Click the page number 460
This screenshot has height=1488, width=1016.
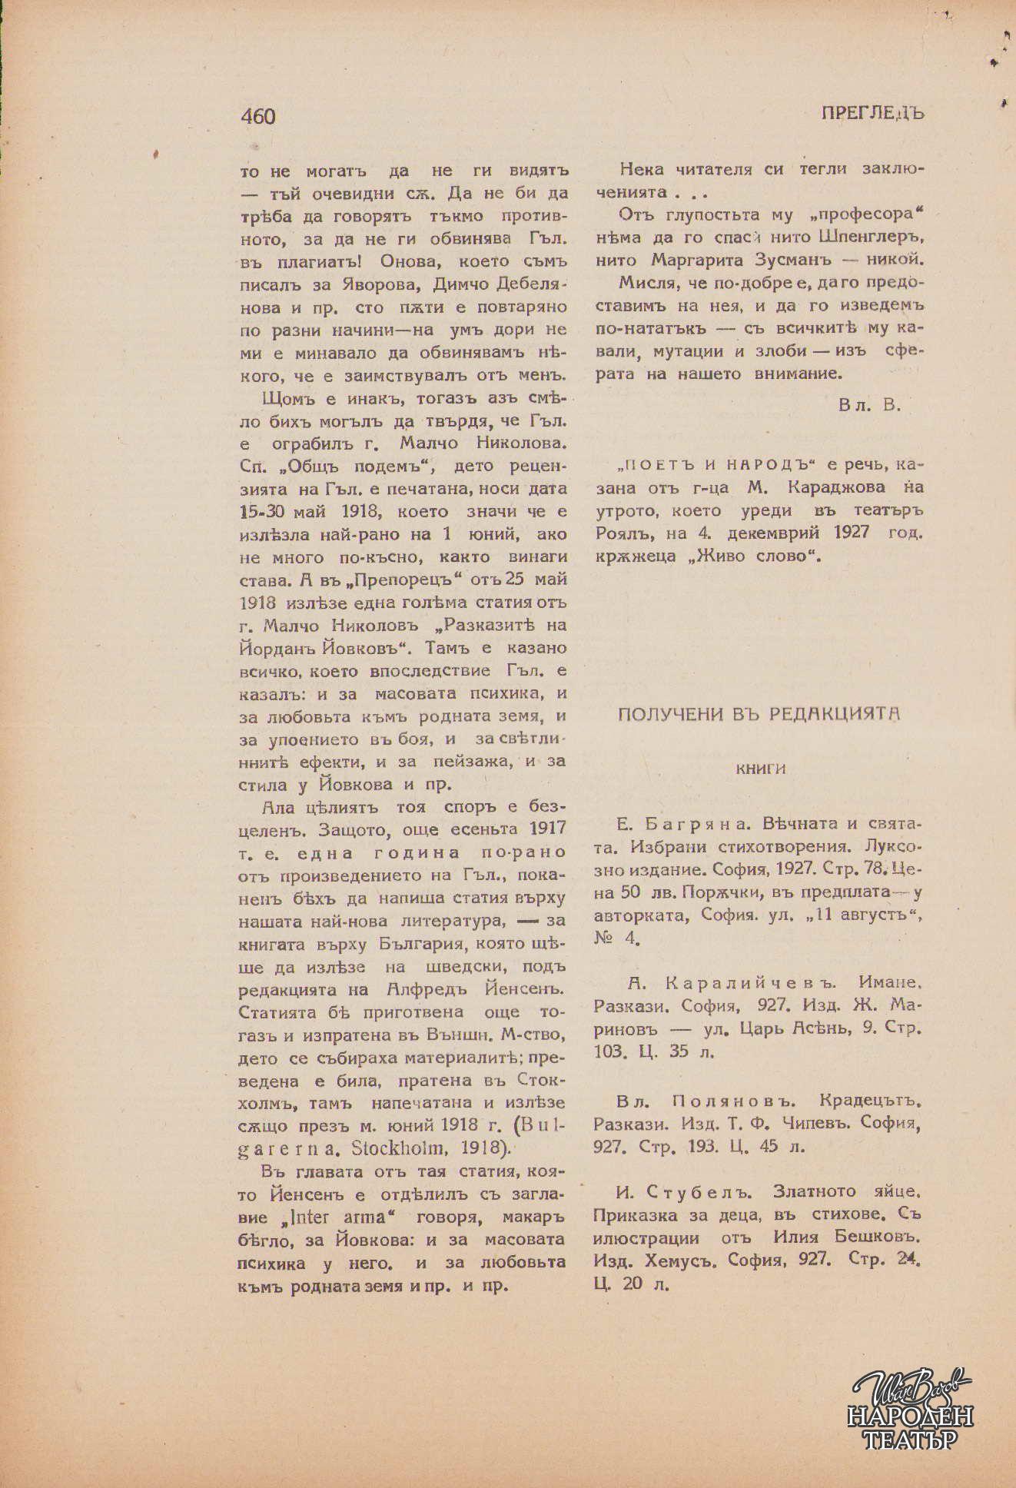coord(257,116)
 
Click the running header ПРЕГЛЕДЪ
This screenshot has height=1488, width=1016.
coord(872,113)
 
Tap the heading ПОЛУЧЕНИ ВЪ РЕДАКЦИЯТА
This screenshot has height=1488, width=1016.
coord(759,714)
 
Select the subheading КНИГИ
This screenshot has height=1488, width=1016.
coord(761,768)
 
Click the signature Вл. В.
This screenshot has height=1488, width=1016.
coord(869,405)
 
